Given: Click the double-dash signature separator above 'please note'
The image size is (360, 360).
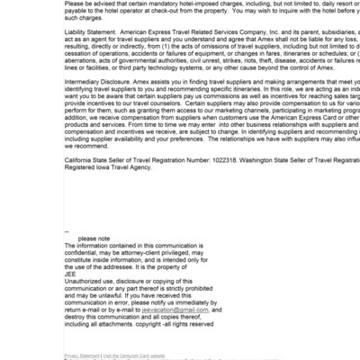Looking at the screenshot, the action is pos(67,231).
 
